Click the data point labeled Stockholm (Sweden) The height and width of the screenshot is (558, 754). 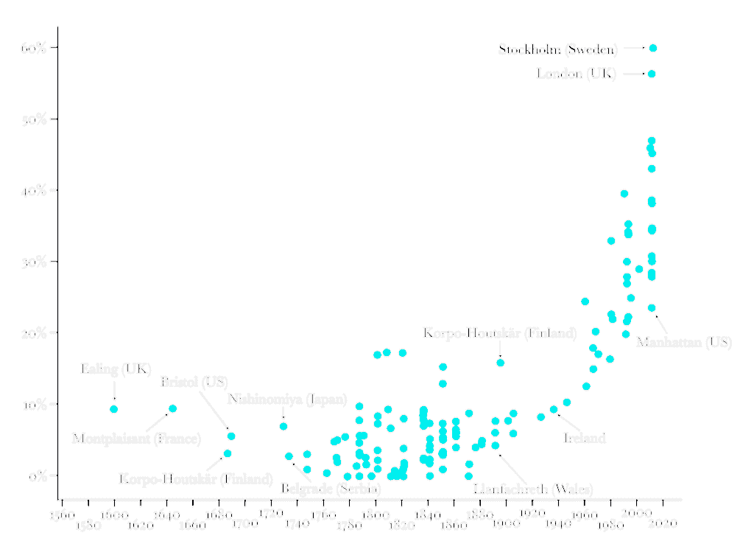653,48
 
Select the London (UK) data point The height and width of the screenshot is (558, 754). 652,74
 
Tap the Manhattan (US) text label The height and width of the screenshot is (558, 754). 683,343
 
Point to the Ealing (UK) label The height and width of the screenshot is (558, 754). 116,369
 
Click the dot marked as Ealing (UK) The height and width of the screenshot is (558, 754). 113,409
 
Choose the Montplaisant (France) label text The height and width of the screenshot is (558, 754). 136,439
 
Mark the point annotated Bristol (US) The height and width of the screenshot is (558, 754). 231,436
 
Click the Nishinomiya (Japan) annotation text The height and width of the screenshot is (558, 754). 287,400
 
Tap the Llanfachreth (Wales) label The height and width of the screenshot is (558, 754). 534,489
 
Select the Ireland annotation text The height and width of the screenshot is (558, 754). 585,439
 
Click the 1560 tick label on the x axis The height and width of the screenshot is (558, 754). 62,515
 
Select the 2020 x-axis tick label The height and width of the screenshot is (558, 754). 663,524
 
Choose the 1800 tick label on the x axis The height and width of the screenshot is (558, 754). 376,515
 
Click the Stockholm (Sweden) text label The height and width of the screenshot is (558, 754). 558,50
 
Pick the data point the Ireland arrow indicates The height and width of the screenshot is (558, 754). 554,410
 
